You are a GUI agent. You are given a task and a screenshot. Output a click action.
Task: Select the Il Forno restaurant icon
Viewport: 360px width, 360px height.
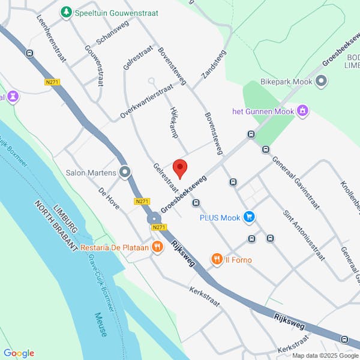click(217, 259)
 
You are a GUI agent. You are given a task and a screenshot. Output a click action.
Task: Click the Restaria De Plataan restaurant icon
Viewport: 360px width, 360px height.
click(157, 246)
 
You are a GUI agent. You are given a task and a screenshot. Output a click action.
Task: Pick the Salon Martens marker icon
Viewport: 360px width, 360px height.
click(125, 173)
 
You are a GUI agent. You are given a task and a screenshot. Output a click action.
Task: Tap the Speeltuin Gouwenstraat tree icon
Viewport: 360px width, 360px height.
click(66, 12)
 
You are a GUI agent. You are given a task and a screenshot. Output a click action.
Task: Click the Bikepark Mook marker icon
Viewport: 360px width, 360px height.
click(321, 81)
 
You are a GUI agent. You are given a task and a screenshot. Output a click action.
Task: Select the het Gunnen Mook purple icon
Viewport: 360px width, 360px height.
click(304, 111)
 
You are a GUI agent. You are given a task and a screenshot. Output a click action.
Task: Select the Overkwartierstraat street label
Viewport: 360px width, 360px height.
click(146, 100)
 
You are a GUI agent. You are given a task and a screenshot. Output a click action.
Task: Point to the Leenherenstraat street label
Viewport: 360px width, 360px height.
click(51, 40)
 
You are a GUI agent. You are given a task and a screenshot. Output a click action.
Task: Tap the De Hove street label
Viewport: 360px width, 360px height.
click(109, 199)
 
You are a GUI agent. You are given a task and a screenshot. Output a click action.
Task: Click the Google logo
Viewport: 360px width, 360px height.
click(19, 353)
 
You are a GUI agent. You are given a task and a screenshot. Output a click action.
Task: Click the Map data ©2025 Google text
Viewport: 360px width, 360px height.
click(324, 356)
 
